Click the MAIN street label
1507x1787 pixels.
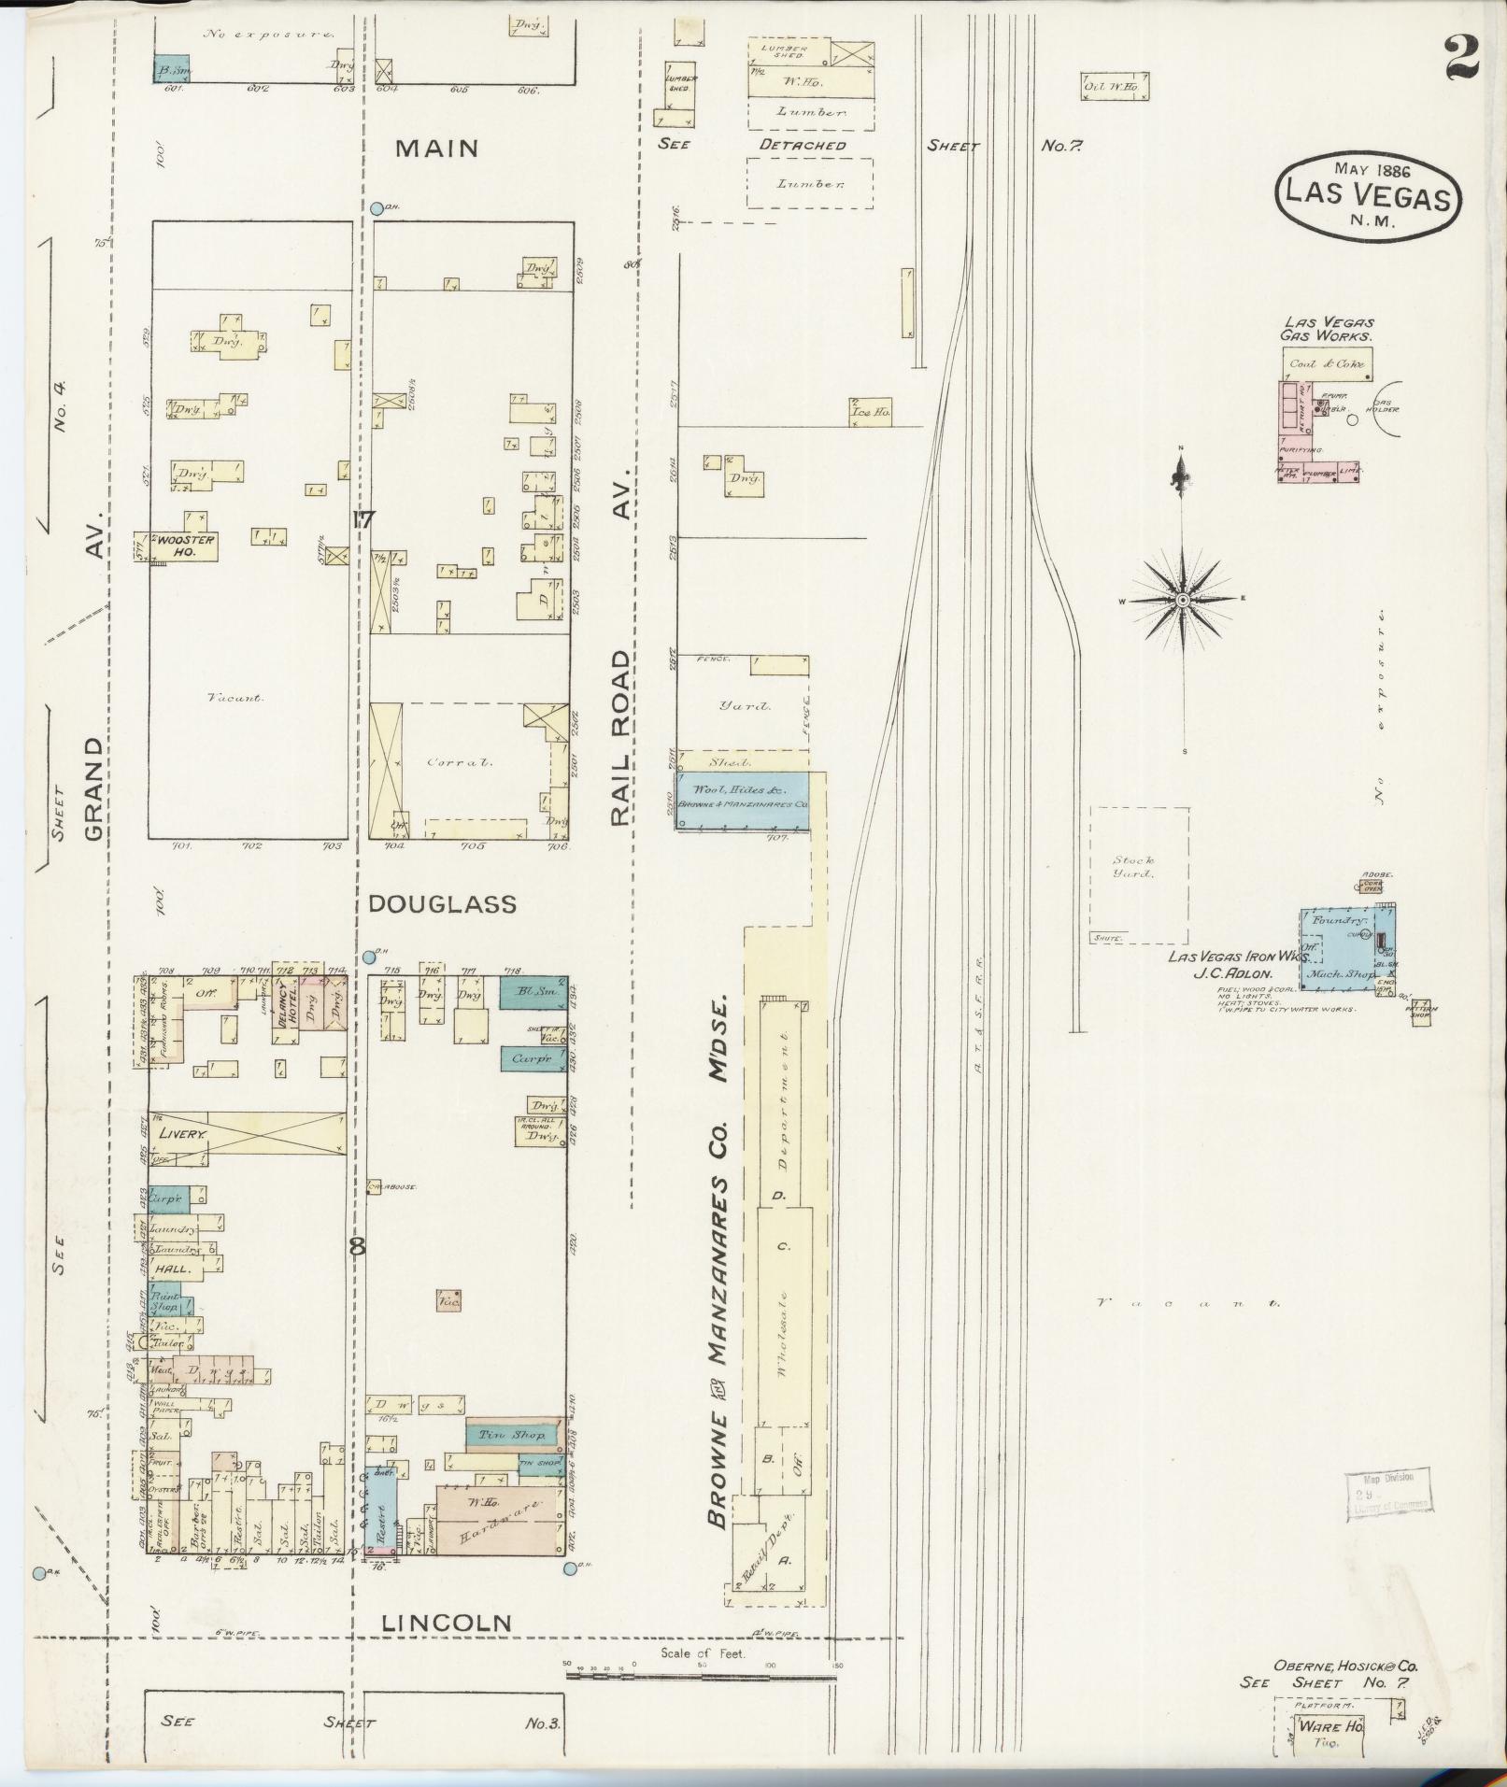[436, 149]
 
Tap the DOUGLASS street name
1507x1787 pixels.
[441, 904]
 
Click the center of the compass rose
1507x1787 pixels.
[1182, 600]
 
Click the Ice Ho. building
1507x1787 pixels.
[870, 411]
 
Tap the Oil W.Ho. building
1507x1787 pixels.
[1114, 87]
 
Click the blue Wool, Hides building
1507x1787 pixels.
[742, 798]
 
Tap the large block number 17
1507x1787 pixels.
[364, 520]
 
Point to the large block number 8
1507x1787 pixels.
[356, 1245]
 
